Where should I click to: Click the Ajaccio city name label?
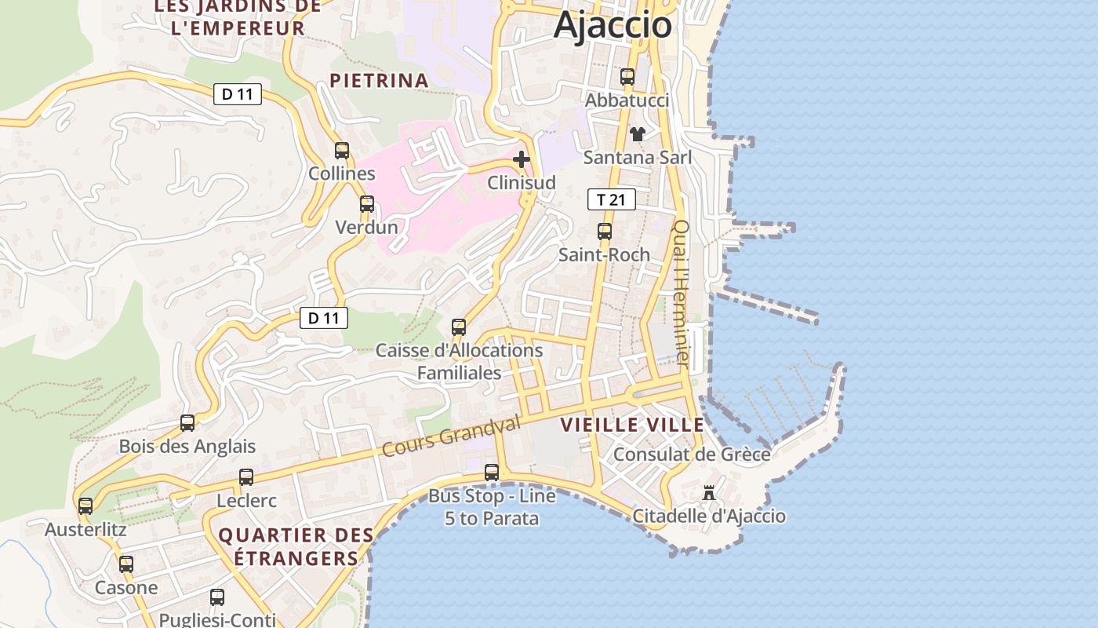coord(613,24)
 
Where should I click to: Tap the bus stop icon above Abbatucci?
coord(627,77)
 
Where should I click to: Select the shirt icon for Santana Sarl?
coord(638,134)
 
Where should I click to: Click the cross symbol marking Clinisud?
coord(522,160)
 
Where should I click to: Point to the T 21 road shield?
coord(612,199)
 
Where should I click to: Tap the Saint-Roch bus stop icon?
coord(605,232)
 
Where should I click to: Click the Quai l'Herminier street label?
coord(681,294)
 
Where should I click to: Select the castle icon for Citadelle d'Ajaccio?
coord(709,493)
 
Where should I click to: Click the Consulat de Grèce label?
coord(691,455)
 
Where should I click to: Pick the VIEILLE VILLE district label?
coord(632,425)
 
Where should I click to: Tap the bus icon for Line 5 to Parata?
coord(492,473)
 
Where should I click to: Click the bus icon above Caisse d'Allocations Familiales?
coord(459,327)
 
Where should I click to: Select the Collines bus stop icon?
coord(342,151)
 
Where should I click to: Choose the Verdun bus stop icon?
coord(367,204)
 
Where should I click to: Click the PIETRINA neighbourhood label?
coord(379,80)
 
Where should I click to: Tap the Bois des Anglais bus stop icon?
coord(187,423)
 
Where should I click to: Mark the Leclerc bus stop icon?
coord(246,477)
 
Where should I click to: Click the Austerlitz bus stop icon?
coord(85,506)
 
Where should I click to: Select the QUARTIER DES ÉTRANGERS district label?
coord(296,547)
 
